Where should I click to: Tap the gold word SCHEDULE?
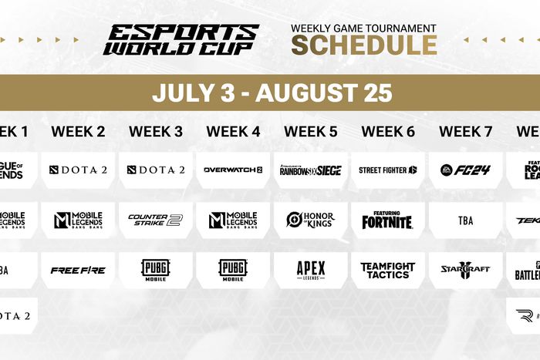click(x=363, y=45)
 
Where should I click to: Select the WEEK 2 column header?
click(x=78, y=132)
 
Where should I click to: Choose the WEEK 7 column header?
click(x=465, y=132)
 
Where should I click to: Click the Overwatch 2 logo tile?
click(x=233, y=170)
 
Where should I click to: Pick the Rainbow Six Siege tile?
click(x=310, y=170)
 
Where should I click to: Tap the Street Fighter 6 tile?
click(x=388, y=170)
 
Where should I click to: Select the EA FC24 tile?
click(x=465, y=170)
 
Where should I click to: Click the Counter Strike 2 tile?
click(x=155, y=220)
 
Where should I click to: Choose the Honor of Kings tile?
click(x=310, y=220)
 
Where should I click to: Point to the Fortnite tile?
click(x=388, y=220)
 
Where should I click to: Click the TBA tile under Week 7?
click(x=465, y=220)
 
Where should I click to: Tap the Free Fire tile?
click(x=78, y=270)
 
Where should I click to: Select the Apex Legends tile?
click(x=310, y=270)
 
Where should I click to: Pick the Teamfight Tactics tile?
click(x=388, y=270)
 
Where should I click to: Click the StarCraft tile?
click(x=465, y=270)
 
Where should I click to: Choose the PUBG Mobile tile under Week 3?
click(x=155, y=270)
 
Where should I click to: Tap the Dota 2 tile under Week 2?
click(x=78, y=170)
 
